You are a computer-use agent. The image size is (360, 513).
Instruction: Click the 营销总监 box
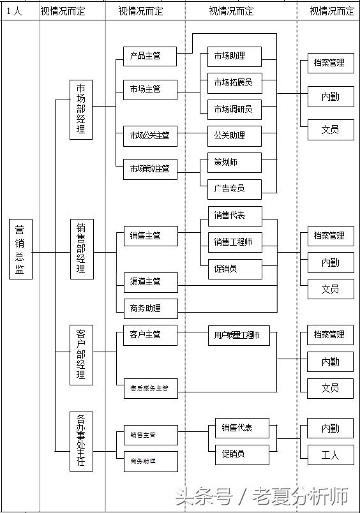20,249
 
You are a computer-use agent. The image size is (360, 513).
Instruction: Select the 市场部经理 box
81,109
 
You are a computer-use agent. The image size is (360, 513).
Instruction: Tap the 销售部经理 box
81,249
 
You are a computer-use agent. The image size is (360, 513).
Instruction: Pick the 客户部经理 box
81,354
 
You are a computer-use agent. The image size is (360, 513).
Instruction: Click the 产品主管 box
150,56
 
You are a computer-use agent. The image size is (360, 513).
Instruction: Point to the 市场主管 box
150,89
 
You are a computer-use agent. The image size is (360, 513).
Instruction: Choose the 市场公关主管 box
150,135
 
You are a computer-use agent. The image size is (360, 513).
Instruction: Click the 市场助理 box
234,56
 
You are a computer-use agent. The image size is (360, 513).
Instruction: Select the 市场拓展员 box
234,82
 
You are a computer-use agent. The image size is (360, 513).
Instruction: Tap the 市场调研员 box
234,109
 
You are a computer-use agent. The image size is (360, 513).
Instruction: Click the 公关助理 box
234,135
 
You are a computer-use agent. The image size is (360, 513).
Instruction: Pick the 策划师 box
234,162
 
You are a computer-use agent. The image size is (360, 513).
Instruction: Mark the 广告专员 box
234,188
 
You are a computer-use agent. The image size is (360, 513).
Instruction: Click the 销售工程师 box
234,242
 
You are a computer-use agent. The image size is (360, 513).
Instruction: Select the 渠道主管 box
150,281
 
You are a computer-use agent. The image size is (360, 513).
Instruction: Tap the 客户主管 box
150,334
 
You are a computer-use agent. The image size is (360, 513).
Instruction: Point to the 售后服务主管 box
150,388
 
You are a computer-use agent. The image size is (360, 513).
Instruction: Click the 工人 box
330,454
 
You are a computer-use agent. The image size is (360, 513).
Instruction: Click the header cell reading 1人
13,11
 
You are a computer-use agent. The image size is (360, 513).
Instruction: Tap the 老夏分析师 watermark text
301,496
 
